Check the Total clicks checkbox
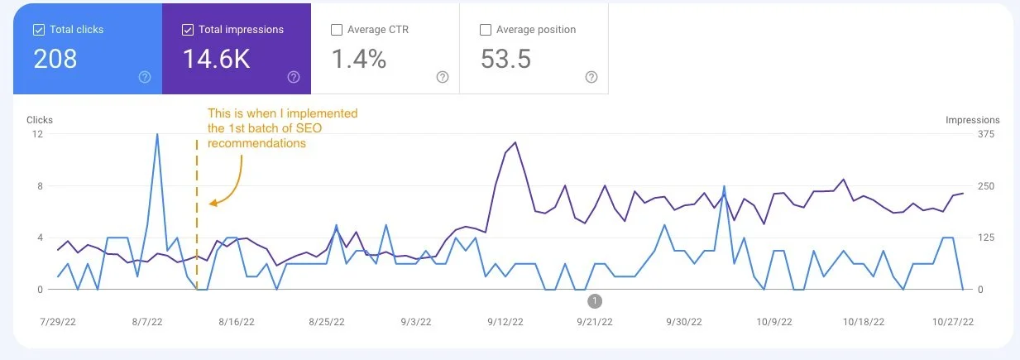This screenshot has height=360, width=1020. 38,30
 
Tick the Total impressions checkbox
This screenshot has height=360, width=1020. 187,30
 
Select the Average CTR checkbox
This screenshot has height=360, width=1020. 336,30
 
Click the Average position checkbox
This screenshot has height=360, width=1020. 486,30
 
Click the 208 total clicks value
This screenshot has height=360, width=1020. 55,59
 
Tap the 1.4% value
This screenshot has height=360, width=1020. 359,59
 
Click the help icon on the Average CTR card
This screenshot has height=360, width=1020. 443,77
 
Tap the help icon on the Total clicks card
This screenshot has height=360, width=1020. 145,77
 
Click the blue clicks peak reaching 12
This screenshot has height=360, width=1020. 157,135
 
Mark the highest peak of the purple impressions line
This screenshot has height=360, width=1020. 515,142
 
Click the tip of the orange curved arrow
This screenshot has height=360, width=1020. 210,203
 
